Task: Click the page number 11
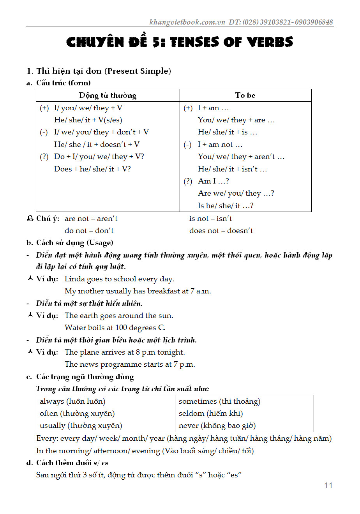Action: tap(328, 486)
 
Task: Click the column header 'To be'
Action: tap(245, 95)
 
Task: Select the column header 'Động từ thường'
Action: tap(108, 95)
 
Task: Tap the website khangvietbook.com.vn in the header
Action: tap(187, 22)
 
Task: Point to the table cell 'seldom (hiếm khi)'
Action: tap(210, 413)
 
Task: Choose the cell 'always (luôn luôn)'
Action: tap(72, 401)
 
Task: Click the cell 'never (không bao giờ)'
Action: tap(217, 426)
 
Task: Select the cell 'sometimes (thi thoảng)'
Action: tap(219, 401)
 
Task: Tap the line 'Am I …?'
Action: tap(213, 181)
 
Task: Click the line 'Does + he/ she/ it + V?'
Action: tap(92, 169)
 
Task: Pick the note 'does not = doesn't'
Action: tap(221, 231)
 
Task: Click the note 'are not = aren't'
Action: tap(91, 219)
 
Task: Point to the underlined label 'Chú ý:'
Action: tap(48, 219)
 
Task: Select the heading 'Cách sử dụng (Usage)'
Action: tap(74, 243)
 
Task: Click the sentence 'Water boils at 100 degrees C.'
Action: tap(115, 328)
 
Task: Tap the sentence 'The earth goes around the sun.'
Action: tap(119, 316)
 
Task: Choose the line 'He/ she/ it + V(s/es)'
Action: tap(88, 120)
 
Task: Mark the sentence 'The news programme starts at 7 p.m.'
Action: tap(130, 364)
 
